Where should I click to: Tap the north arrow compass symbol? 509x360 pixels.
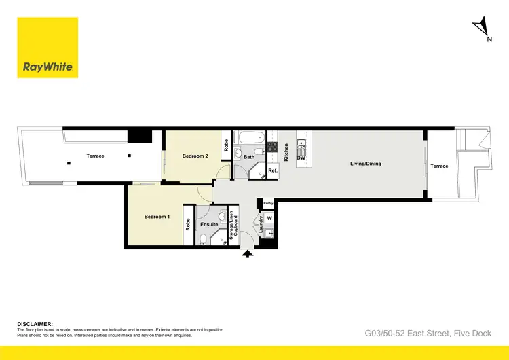(x=483, y=28)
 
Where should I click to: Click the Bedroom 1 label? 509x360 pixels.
(x=157, y=217)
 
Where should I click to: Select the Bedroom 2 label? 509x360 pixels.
(x=195, y=156)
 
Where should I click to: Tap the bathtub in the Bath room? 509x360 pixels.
(x=248, y=137)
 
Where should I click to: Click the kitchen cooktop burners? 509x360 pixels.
(x=271, y=145)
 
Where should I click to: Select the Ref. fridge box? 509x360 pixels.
(x=272, y=171)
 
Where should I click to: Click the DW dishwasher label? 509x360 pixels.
(x=301, y=158)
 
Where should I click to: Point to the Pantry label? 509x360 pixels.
(x=268, y=203)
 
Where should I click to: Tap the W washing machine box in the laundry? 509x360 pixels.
(x=269, y=218)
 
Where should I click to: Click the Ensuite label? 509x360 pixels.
(x=210, y=224)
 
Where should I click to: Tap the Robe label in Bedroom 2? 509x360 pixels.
(x=225, y=145)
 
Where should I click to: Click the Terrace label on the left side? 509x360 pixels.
(x=96, y=156)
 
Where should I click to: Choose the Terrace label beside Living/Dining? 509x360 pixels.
(x=440, y=166)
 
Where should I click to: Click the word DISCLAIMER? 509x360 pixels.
(x=35, y=324)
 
